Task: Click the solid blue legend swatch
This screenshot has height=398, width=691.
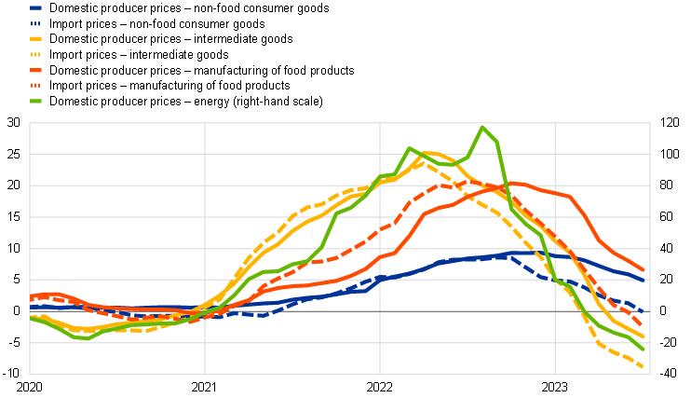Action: click(35, 7)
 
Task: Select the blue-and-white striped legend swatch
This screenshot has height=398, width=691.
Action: click(35, 23)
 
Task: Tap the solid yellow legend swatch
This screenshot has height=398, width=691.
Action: click(35, 38)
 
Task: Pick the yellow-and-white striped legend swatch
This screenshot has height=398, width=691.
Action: click(35, 54)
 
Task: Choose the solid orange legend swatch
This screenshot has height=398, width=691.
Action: click(35, 70)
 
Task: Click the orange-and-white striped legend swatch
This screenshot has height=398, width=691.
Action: click(35, 85)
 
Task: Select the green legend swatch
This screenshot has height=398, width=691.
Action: click(35, 101)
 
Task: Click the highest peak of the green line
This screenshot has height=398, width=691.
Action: click(482, 127)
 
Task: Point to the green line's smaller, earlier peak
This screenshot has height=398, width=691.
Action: click(409, 148)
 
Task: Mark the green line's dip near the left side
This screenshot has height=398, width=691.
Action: click(87, 338)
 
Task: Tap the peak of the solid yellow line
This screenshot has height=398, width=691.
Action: click(431, 153)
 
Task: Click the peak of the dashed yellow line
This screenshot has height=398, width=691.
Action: click(422, 162)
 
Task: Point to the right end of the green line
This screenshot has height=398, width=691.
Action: click(643, 350)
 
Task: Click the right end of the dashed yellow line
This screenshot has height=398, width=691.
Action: click(644, 367)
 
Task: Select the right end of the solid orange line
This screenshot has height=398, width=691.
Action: click(644, 269)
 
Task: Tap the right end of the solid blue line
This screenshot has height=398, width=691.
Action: click(644, 279)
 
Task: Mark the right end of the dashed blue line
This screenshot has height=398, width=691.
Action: click(644, 311)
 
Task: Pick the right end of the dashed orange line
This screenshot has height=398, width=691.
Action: click(642, 324)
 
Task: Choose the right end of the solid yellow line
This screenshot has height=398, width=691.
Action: click(644, 336)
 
